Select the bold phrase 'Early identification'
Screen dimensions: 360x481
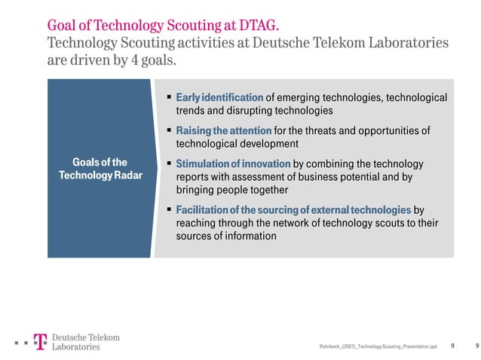pyautogui.click(x=219, y=98)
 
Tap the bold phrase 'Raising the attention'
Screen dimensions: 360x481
pyautogui.click(x=223, y=131)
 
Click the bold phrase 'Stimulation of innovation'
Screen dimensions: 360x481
pyautogui.click(x=233, y=164)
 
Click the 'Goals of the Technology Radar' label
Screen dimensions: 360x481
pyautogui.click(x=100, y=169)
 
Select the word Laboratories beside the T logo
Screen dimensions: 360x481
pyautogui.click(x=76, y=347)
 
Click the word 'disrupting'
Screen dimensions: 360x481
pyautogui.click(x=228, y=111)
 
